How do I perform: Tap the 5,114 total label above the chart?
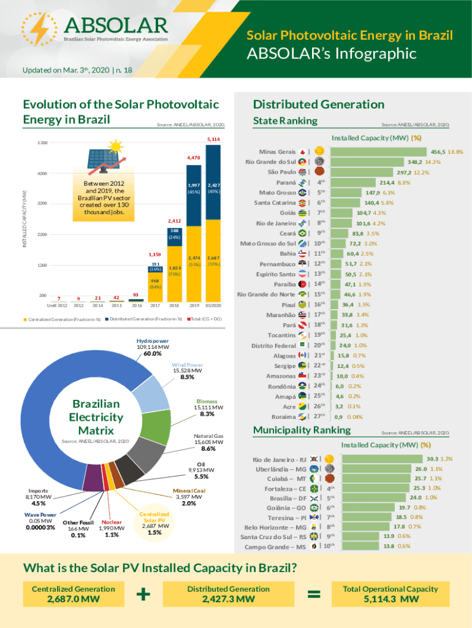click(213, 140)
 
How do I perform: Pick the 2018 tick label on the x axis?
click(174, 304)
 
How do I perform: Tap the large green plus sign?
click(143, 594)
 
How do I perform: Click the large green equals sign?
click(314, 594)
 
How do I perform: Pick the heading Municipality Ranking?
click(293, 430)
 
